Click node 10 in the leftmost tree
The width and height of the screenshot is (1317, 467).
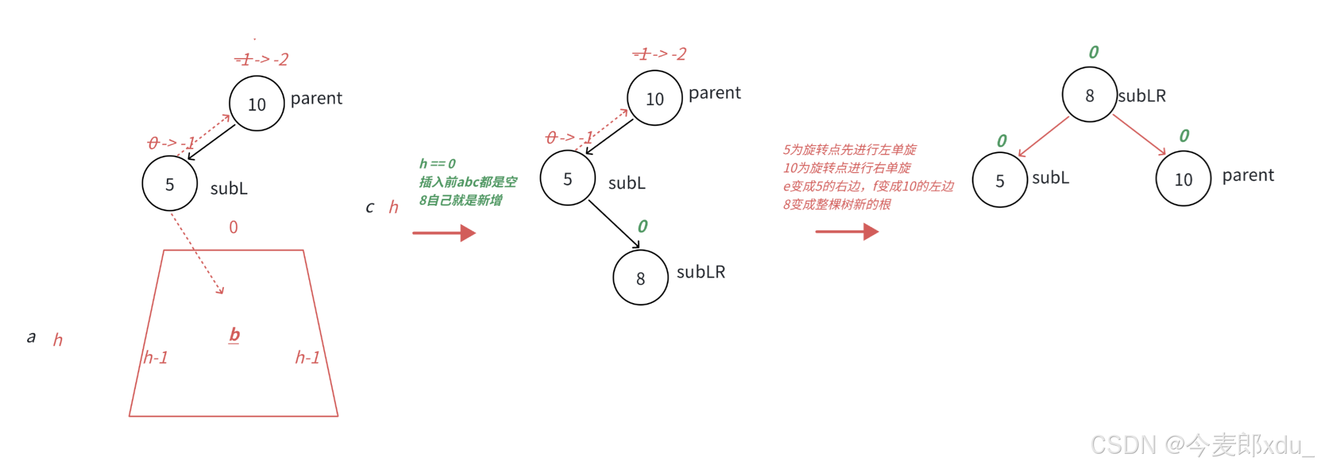click(x=257, y=104)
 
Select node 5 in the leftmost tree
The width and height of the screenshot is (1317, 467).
click(x=170, y=184)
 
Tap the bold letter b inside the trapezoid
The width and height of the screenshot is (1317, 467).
click(x=234, y=334)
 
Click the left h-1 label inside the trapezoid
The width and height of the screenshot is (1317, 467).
click(x=155, y=358)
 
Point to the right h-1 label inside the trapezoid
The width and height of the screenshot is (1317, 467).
click(x=307, y=358)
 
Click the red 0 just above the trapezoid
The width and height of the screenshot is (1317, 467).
click(x=233, y=227)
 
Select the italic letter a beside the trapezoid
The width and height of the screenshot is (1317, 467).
click(x=32, y=337)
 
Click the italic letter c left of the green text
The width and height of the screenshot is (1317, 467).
click(x=370, y=207)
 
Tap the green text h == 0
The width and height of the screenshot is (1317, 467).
click(x=437, y=164)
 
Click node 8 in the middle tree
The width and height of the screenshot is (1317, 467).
click(x=640, y=278)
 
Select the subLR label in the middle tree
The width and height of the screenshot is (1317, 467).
click(x=701, y=272)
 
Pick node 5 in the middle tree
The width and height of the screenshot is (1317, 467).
click(x=567, y=178)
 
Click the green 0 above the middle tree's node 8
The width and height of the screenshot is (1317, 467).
click(x=643, y=226)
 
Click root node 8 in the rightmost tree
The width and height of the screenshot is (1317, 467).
click(x=1089, y=95)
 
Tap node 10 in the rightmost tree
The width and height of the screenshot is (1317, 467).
click(x=1183, y=179)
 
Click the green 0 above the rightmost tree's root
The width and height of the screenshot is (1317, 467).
click(x=1094, y=52)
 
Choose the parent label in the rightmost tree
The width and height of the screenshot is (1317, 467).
click(x=1248, y=175)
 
